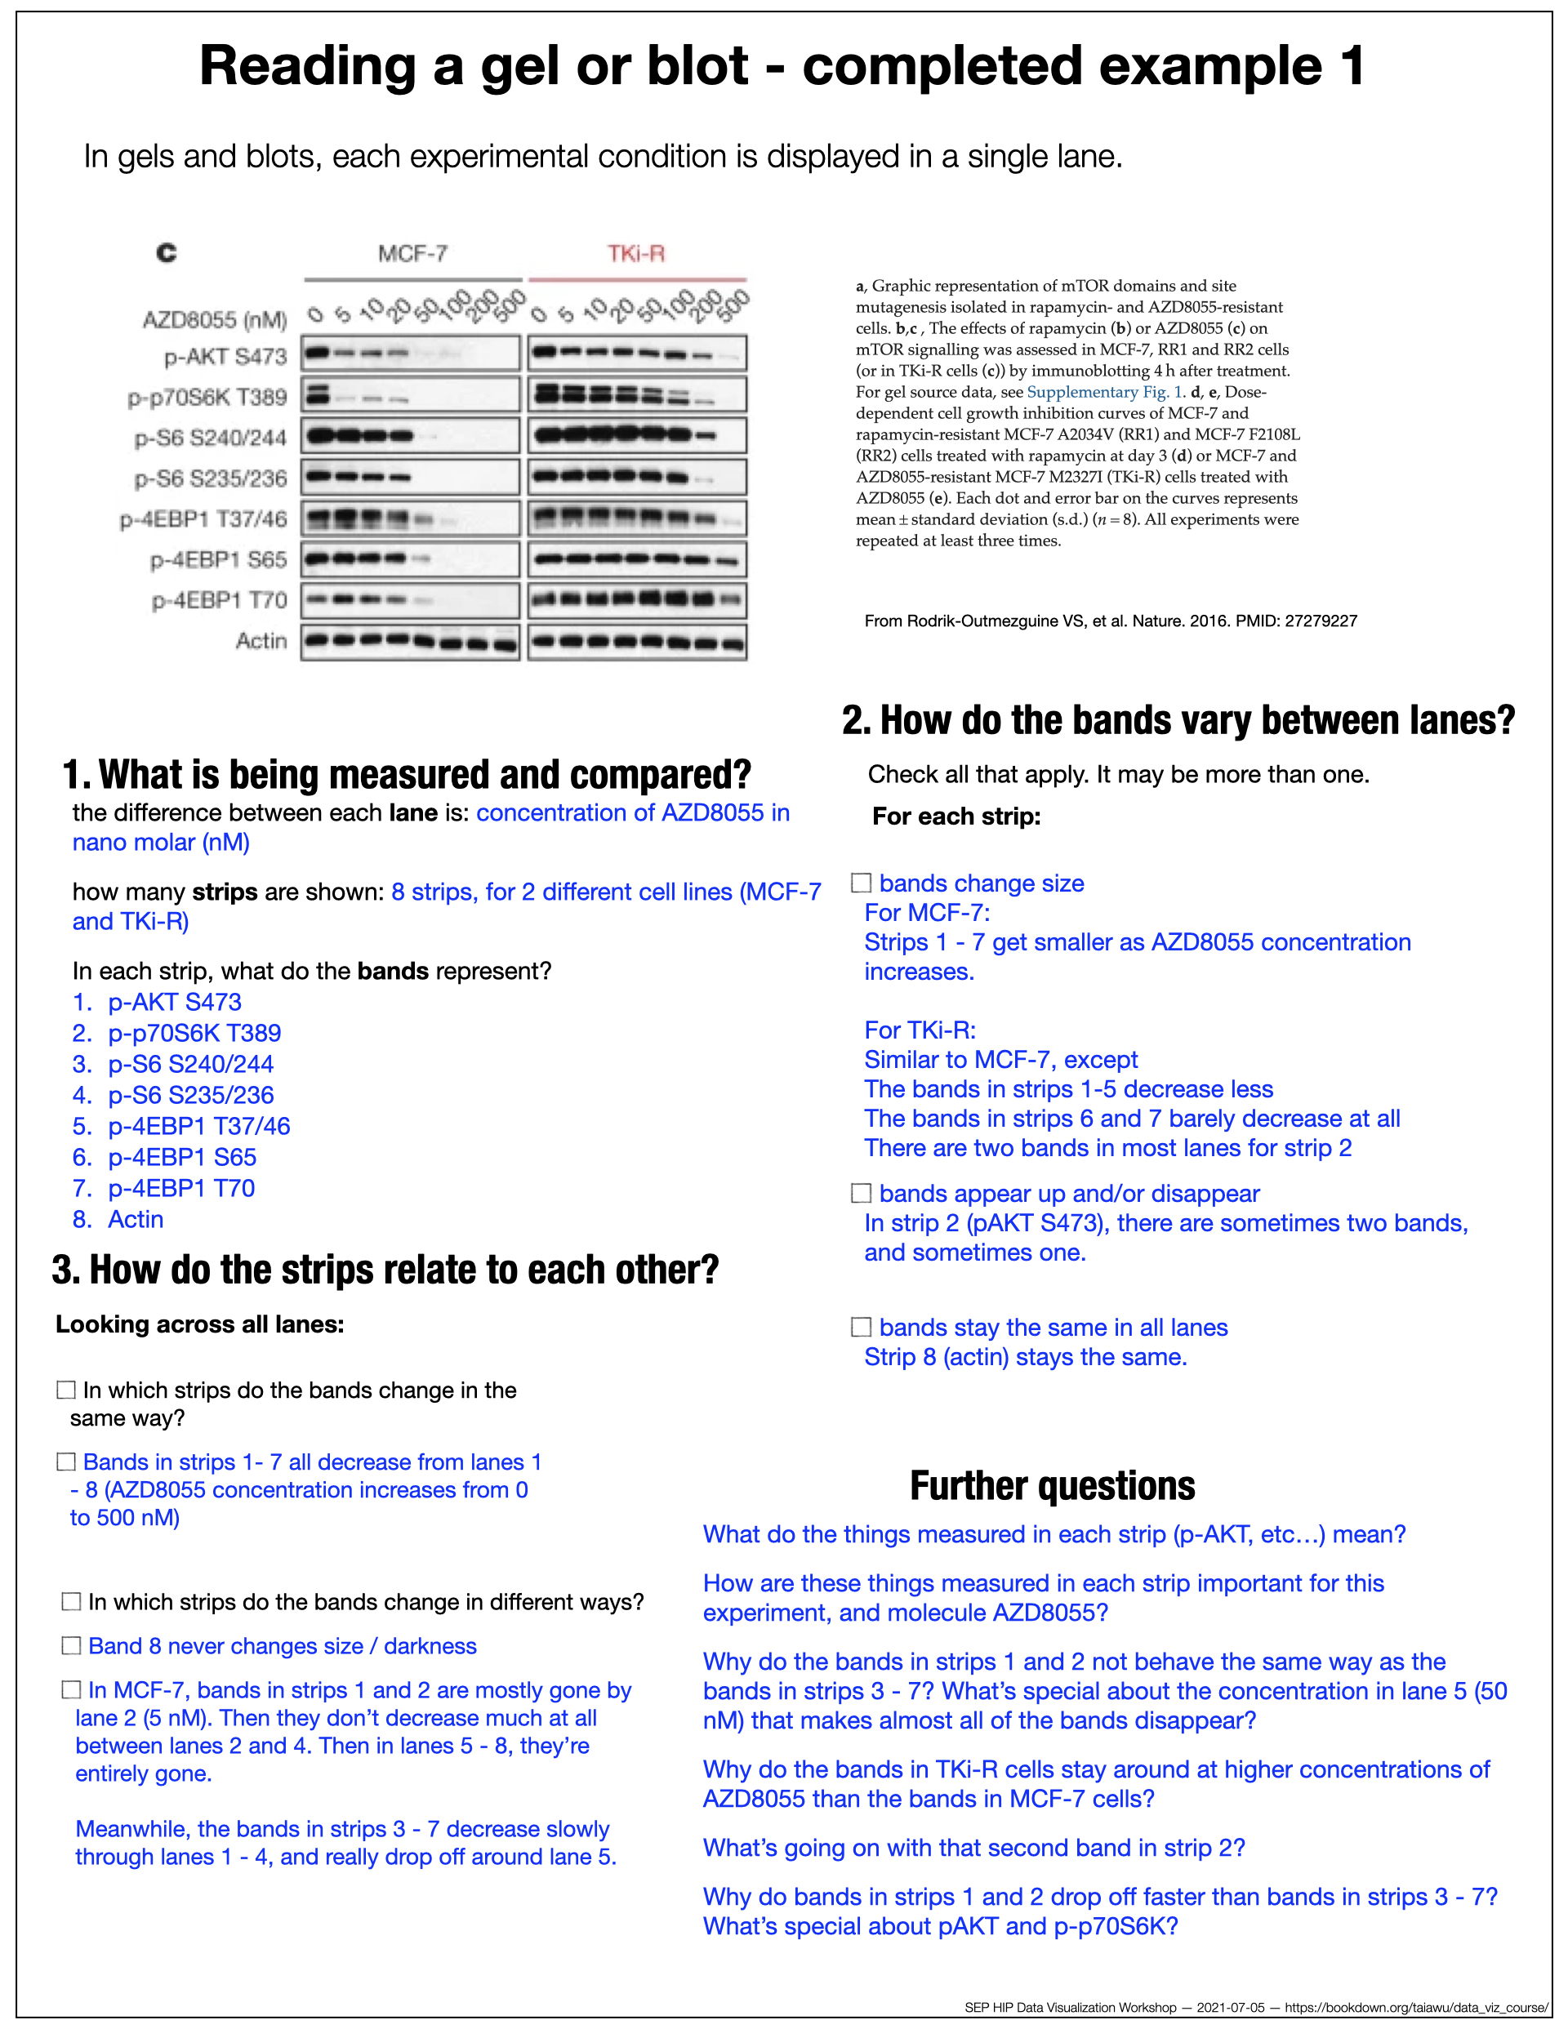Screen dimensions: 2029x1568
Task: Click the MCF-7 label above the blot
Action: pos(412,254)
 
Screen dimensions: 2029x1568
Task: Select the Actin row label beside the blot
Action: pos(261,640)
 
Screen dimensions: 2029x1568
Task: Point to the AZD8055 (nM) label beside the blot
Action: pos(215,319)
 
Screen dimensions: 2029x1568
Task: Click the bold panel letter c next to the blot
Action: pos(167,252)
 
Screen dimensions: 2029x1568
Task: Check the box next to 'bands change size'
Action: pos(862,883)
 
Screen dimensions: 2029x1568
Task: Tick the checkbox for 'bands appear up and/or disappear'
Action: pos(862,1193)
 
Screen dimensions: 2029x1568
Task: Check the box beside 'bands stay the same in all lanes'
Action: pos(862,1327)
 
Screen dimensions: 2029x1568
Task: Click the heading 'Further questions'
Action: pos(1052,1485)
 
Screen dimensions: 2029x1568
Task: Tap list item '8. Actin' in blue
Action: pos(118,1219)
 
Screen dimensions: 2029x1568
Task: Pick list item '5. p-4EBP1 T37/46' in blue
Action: pos(181,1126)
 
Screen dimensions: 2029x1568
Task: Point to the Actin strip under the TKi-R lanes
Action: pos(637,641)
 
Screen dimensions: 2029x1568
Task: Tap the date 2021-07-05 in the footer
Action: pos(1231,2008)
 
